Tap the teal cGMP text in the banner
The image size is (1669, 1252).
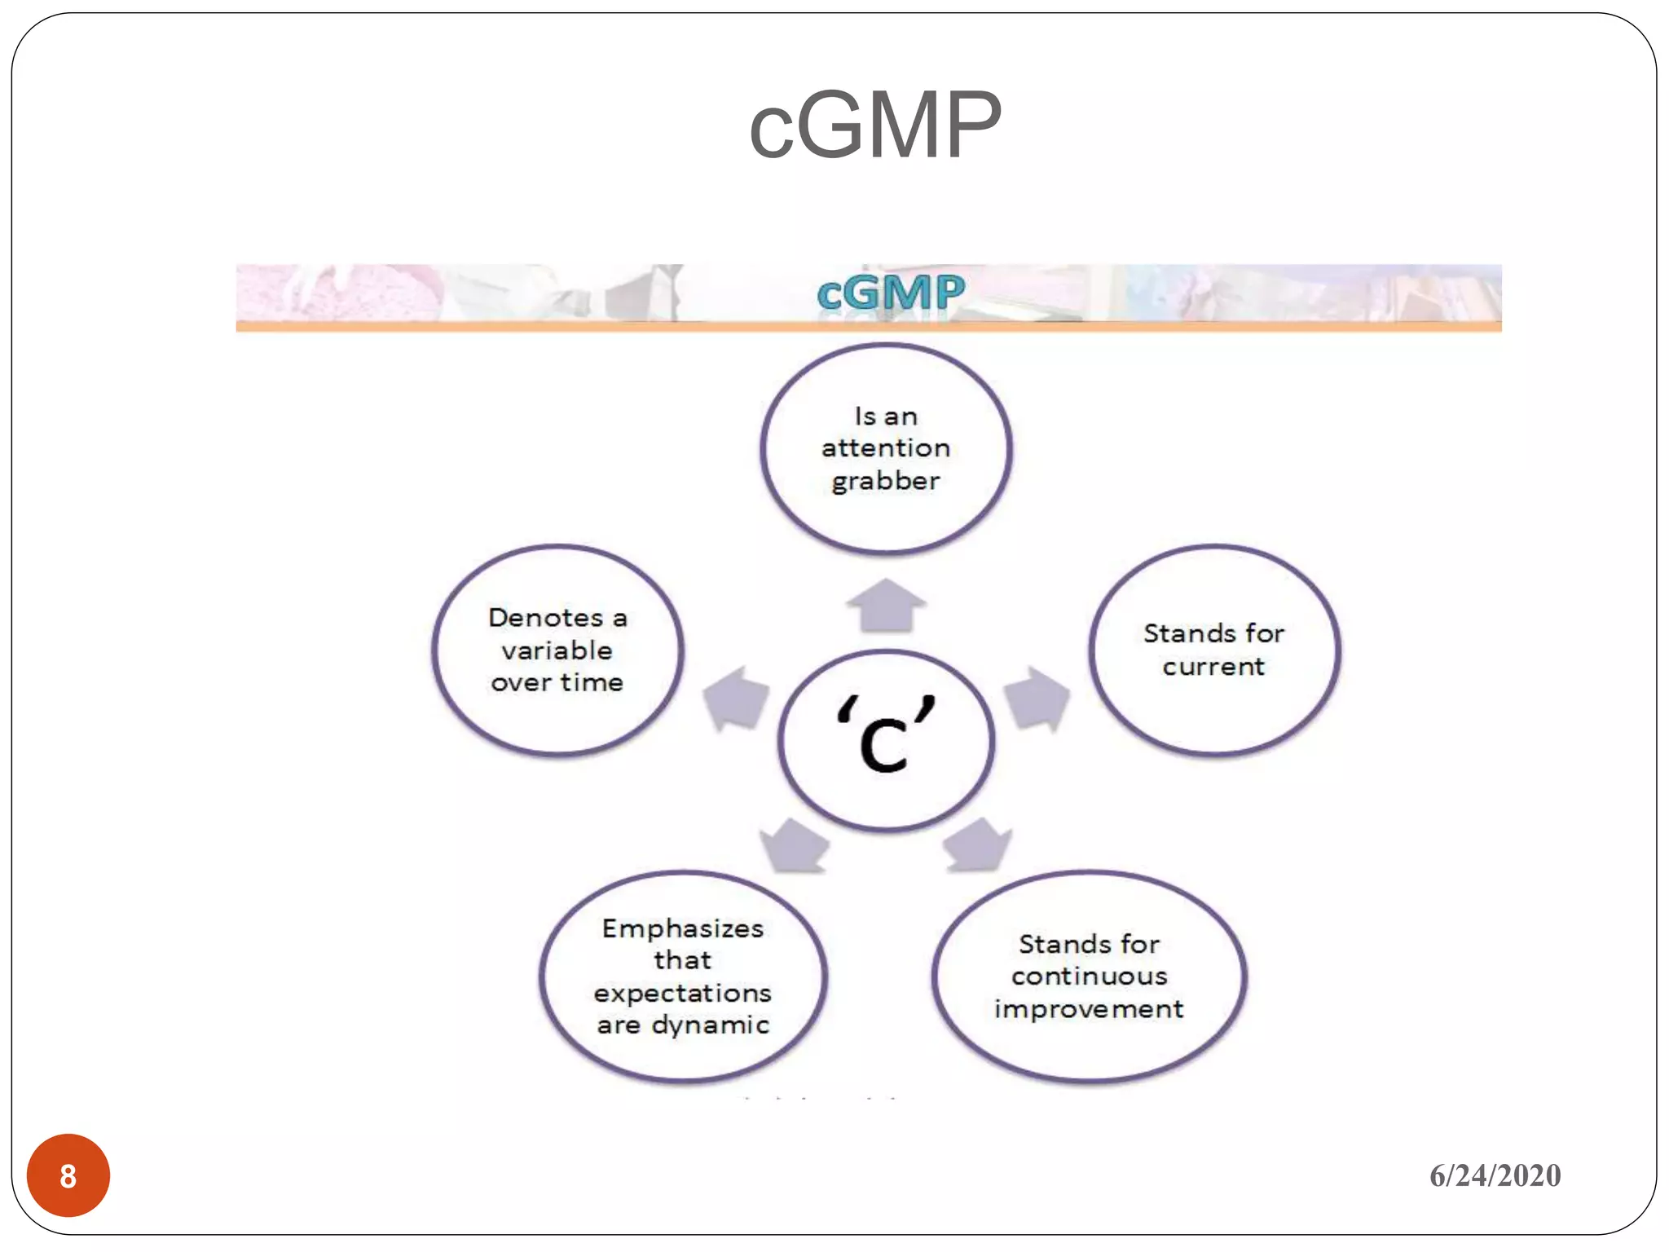coord(890,293)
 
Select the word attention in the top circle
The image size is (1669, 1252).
coord(886,448)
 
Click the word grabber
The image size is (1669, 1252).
coord(886,482)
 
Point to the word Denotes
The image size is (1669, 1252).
coord(546,618)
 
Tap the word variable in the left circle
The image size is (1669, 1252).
coord(557,651)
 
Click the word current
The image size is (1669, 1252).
coord(1213,667)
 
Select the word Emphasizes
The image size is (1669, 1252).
coord(683,928)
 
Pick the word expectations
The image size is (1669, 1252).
coord(683,994)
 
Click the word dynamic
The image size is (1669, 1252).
coord(711,1025)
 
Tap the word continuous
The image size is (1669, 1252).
coord(1090,976)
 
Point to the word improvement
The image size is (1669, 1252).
coord(1090,1010)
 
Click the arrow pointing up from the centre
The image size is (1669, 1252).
coord(886,606)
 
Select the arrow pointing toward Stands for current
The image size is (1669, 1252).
coord(1036,698)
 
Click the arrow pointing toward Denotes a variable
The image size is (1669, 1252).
coord(737,698)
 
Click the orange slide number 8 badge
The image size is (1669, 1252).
coord(68,1175)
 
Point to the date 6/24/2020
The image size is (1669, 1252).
coord(1495,1175)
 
